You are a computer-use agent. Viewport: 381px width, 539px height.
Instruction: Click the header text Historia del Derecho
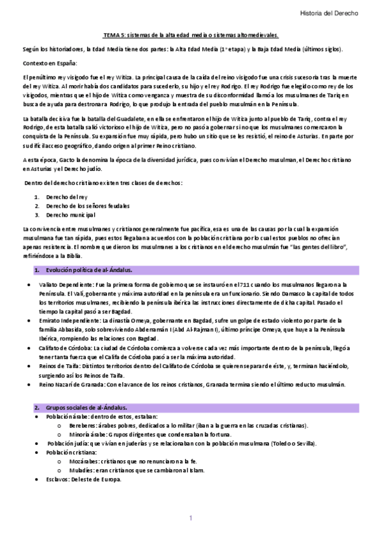click(x=329, y=12)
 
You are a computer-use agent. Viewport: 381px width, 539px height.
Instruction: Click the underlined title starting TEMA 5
click(x=191, y=36)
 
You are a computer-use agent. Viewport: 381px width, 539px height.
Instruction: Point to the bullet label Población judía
click(x=69, y=443)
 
